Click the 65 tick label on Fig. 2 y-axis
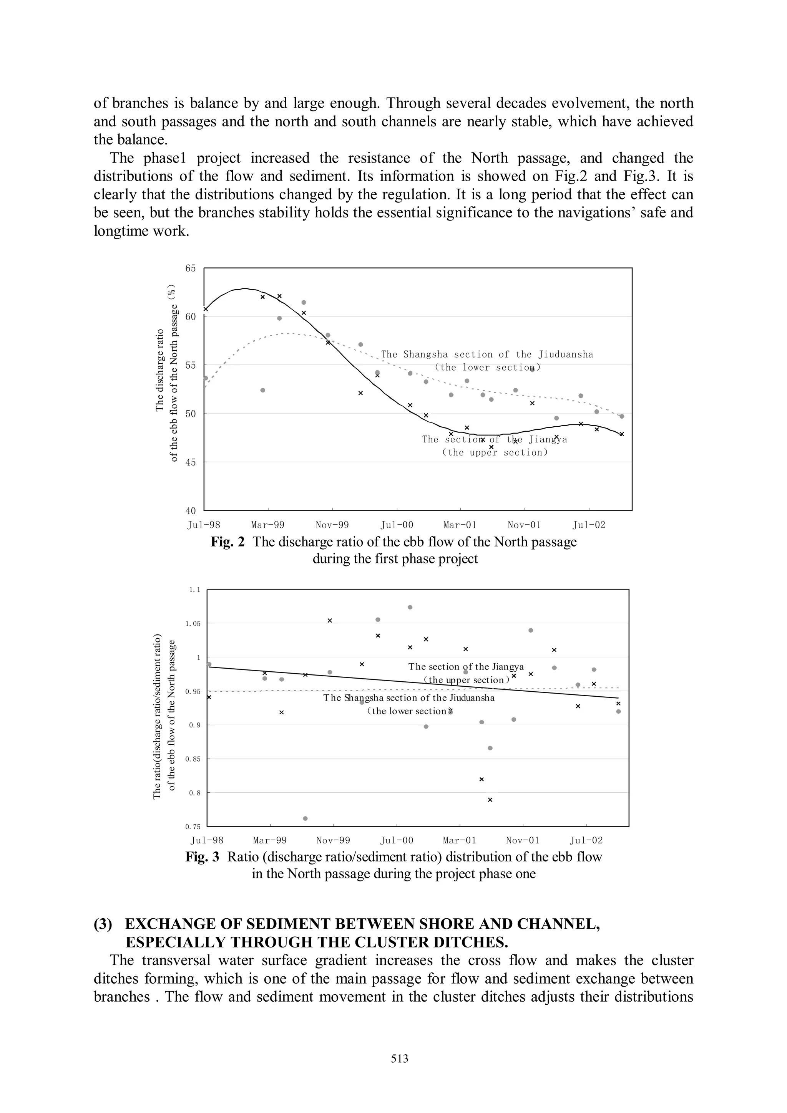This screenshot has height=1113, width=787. point(191,268)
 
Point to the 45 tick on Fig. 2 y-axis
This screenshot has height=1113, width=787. point(191,462)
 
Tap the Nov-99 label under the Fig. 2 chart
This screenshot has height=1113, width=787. point(332,525)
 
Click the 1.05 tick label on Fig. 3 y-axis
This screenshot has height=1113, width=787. point(193,623)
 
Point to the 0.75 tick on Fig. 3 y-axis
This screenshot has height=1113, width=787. point(193,827)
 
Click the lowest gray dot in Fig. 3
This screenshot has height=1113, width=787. point(305,818)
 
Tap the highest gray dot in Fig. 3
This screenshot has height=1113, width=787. point(410,607)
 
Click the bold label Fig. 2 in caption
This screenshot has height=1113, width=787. point(227,542)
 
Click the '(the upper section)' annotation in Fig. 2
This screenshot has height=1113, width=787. point(495,452)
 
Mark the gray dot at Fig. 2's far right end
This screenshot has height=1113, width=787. point(622,416)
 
